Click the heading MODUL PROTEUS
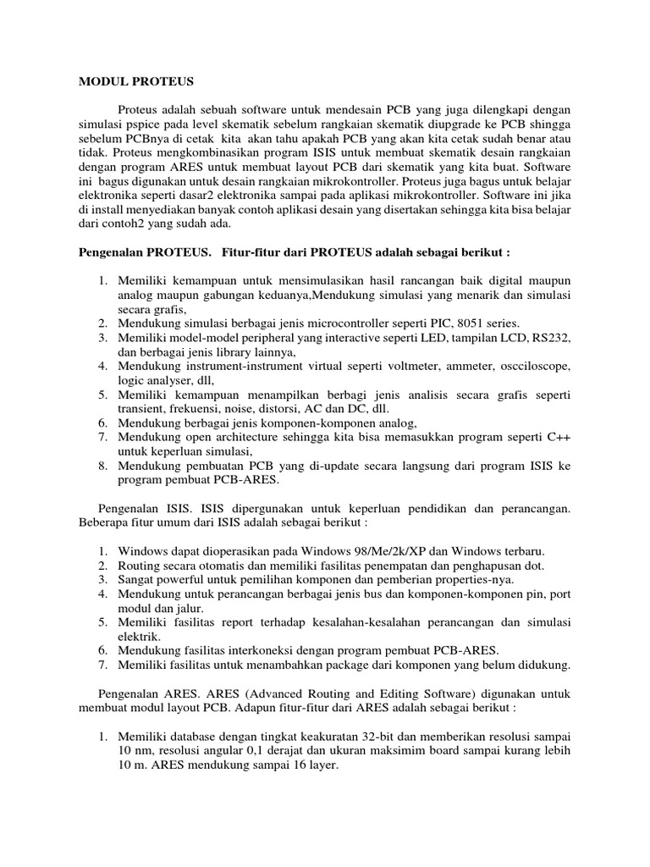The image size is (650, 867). [136, 81]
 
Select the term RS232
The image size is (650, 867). [552, 338]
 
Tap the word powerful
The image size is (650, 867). [183, 580]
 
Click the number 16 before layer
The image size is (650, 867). [285, 765]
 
